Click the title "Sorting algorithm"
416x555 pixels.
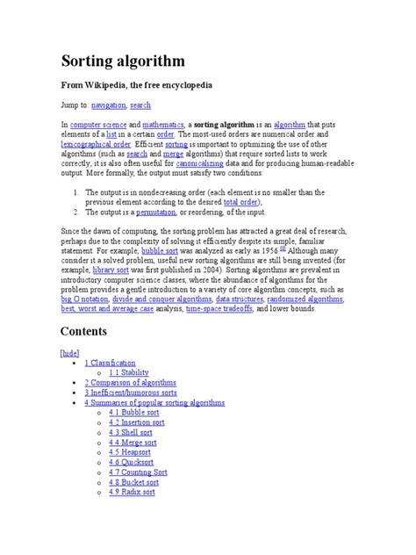[x=122, y=62]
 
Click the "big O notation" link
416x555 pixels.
[x=84, y=299]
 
